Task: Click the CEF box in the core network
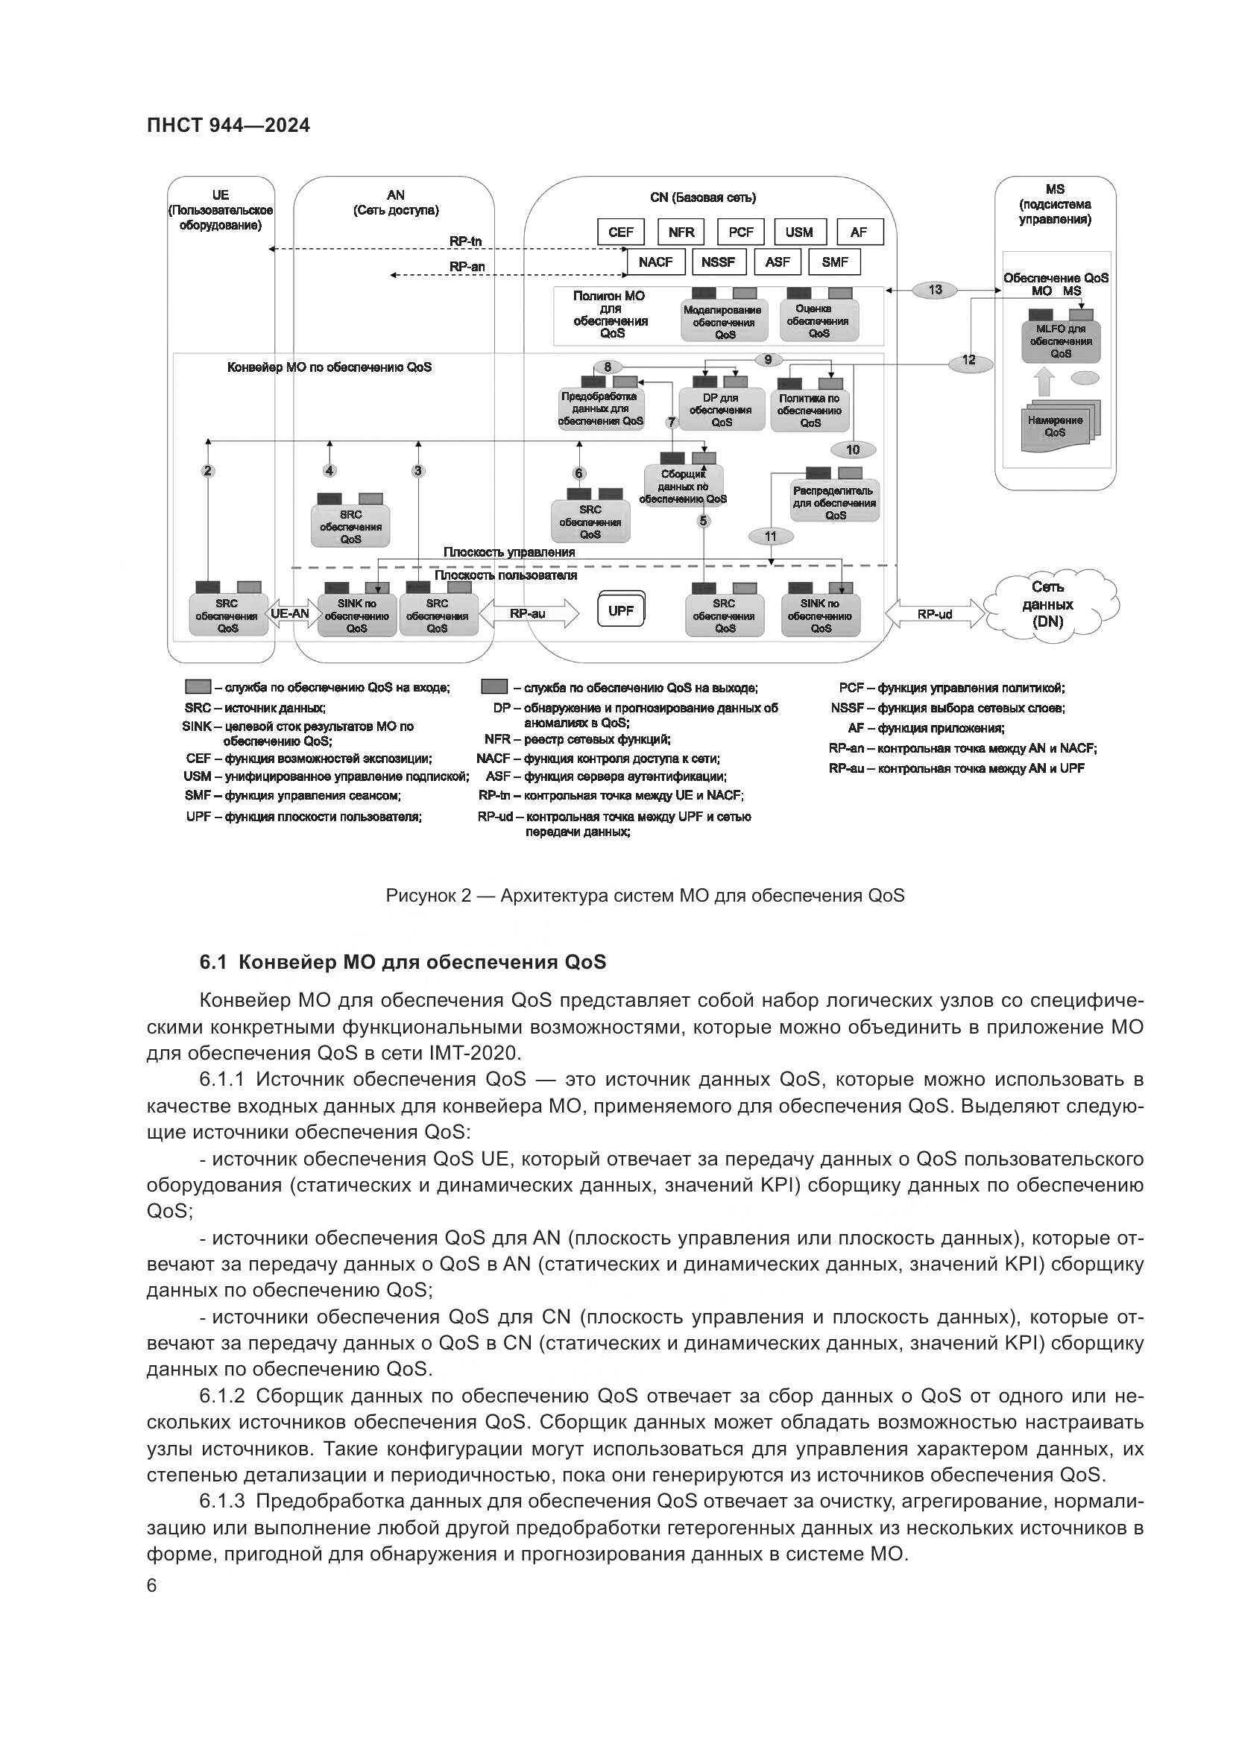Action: pyautogui.click(x=620, y=232)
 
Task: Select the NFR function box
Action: pyautogui.click(x=681, y=232)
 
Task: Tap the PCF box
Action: pyautogui.click(x=741, y=232)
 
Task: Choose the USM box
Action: pyautogui.click(x=798, y=232)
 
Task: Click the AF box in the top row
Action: pyautogui.click(x=860, y=232)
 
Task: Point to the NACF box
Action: pyautogui.click(x=656, y=262)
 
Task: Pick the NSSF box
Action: pyautogui.click(x=718, y=262)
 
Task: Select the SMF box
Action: pyautogui.click(x=834, y=262)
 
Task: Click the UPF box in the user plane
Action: pyautogui.click(x=621, y=610)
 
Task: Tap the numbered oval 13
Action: pyautogui.click(x=935, y=289)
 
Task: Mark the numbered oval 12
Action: pyautogui.click(x=969, y=360)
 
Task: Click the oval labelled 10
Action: pyautogui.click(x=853, y=449)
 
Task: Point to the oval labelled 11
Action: pyautogui.click(x=771, y=536)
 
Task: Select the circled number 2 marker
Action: pyautogui.click(x=208, y=471)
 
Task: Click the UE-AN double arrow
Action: pyautogui.click(x=290, y=613)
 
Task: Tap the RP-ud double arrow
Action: pyautogui.click(x=934, y=613)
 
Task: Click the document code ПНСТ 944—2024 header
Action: pyautogui.click(x=229, y=126)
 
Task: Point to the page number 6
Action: pyautogui.click(x=152, y=1586)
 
